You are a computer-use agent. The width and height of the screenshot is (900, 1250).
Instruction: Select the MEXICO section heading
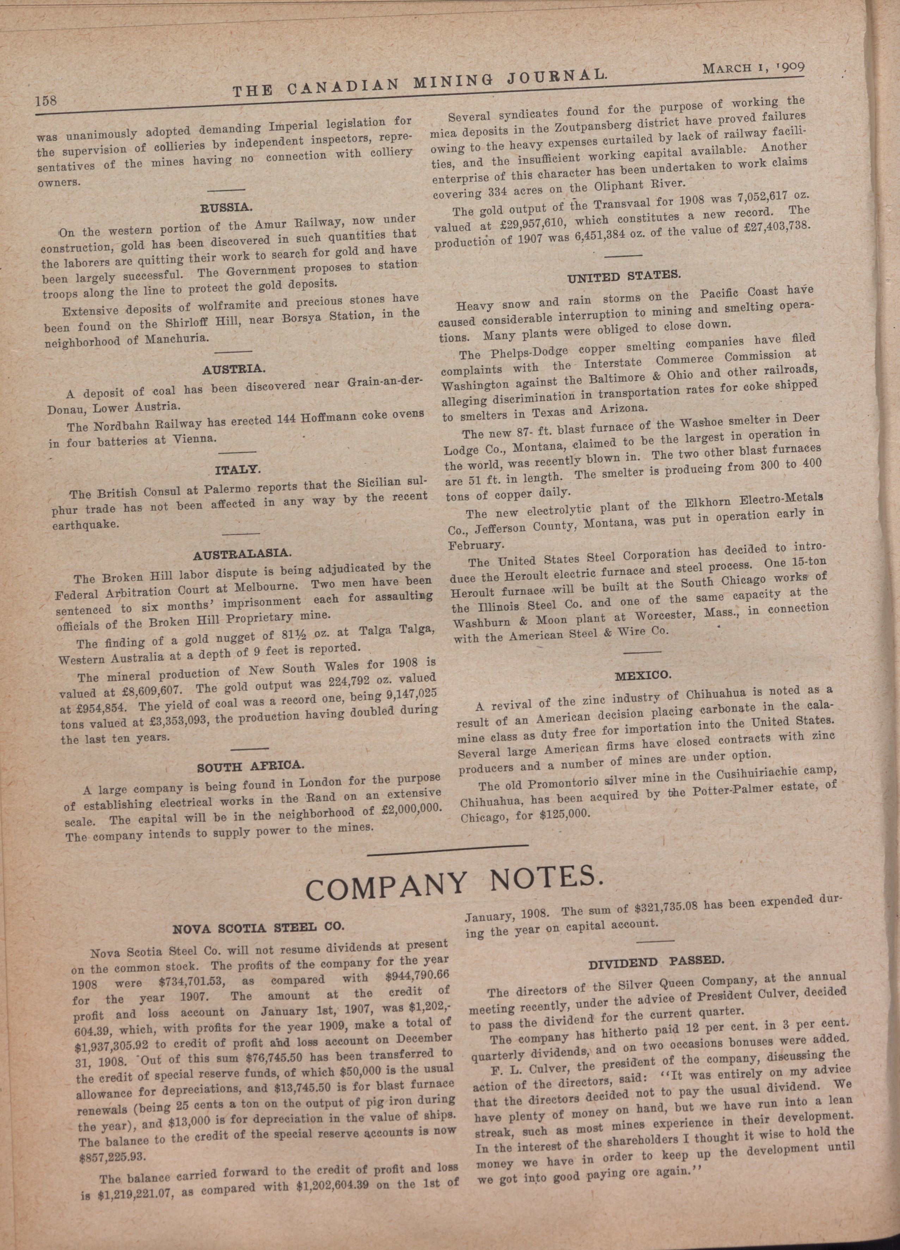click(642, 675)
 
